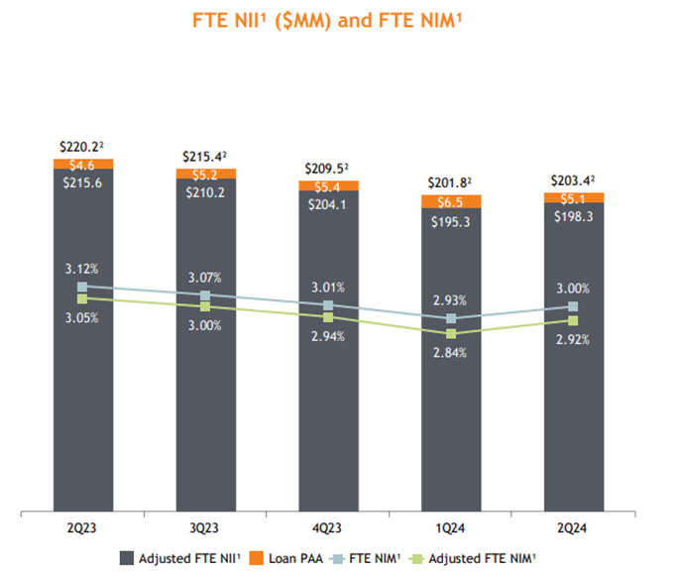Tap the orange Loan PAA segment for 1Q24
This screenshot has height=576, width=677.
[x=451, y=201]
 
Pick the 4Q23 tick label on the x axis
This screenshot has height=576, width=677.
[x=328, y=524]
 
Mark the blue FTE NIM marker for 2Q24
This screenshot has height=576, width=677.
[x=573, y=306]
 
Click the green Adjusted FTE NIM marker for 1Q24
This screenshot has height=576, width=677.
[x=451, y=334]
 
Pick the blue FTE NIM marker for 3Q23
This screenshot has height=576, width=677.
[x=205, y=296]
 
